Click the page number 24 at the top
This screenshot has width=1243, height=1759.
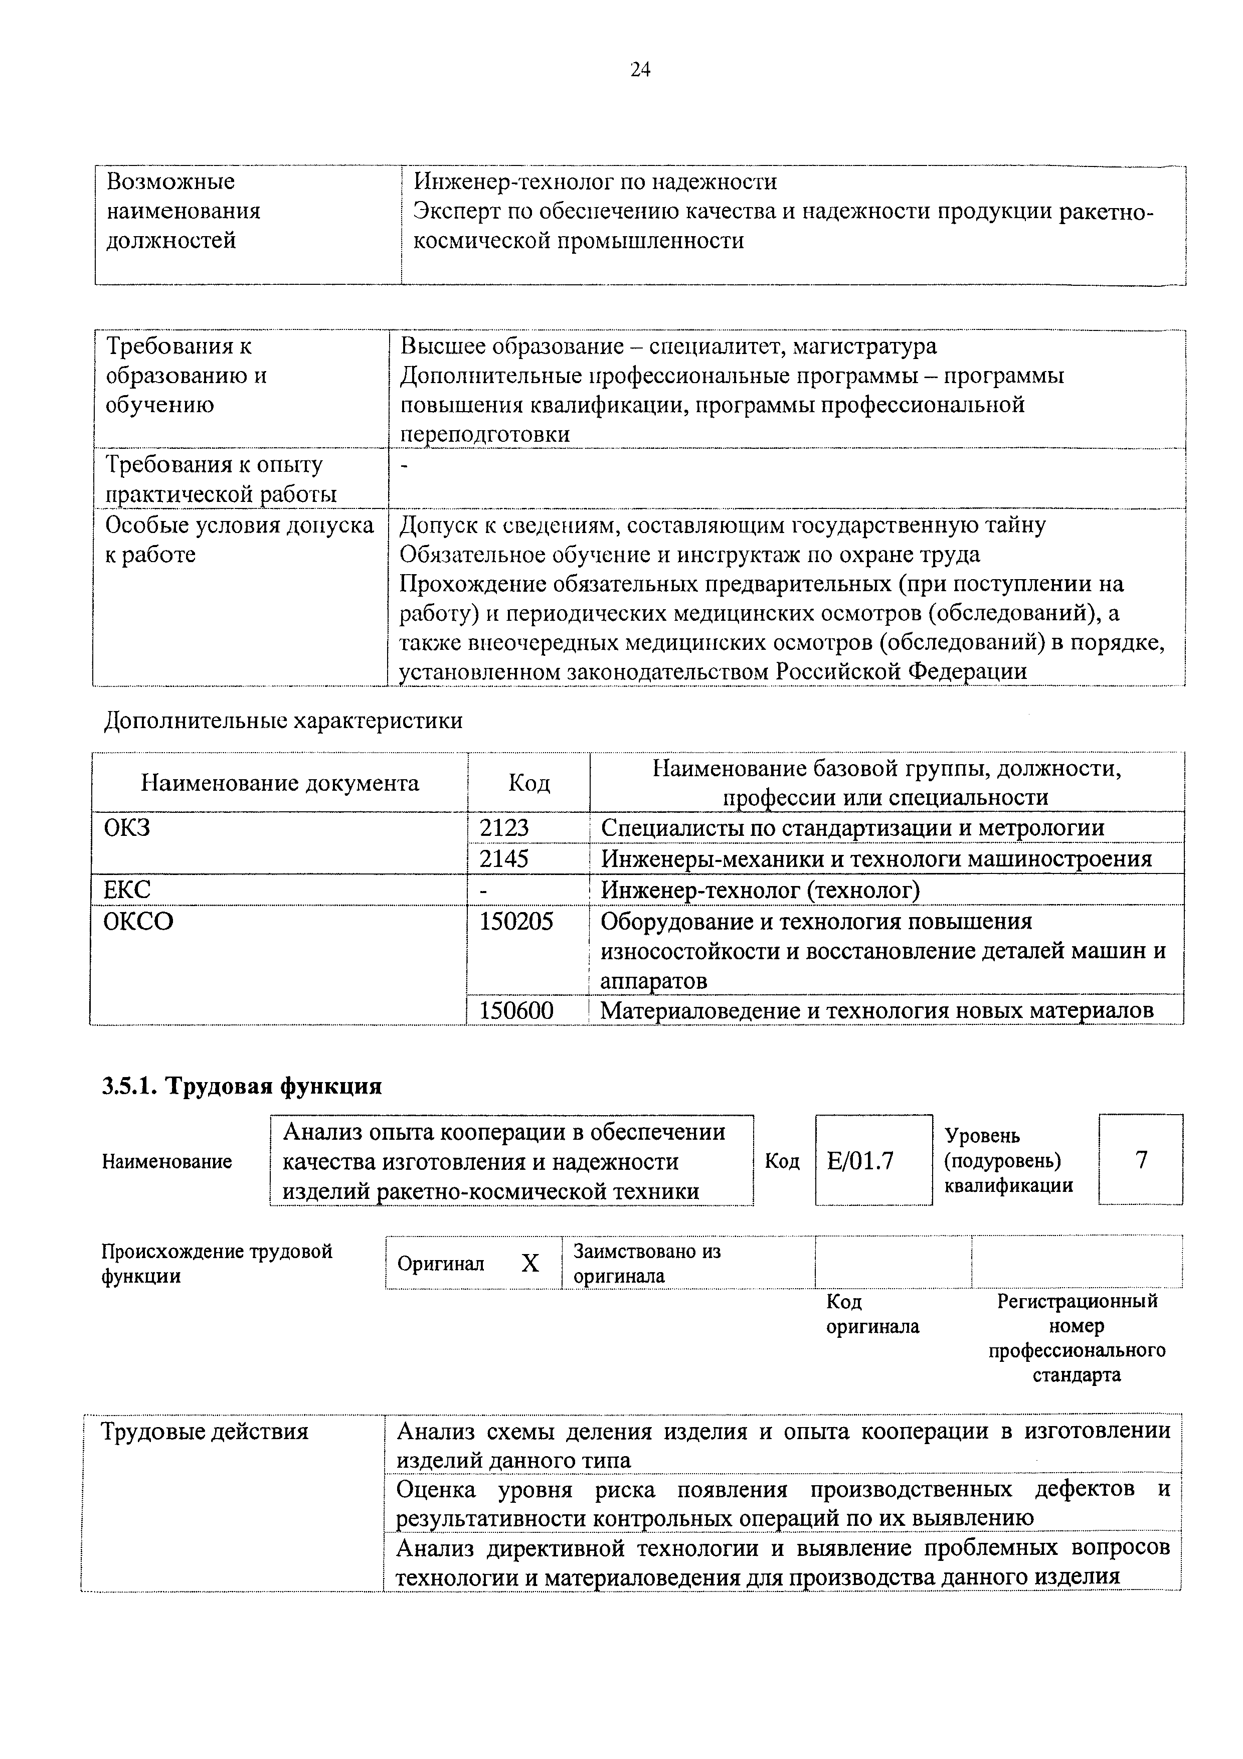tap(640, 71)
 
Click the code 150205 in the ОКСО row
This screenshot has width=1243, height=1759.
tap(516, 921)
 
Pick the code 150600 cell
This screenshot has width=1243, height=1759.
tap(516, 1010)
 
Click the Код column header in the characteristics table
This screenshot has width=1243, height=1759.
tap(528, 783)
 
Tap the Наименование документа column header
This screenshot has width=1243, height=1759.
tap(280, 783)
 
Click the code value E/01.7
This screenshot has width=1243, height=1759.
tap(860, 1161)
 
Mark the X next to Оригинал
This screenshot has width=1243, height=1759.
tap(530, 1263)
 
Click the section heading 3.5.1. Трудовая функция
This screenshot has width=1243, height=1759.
tap(242, 1087)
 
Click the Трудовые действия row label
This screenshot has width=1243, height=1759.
tap(205, 1432)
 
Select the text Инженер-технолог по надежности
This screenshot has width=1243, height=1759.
tap(595, 182)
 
